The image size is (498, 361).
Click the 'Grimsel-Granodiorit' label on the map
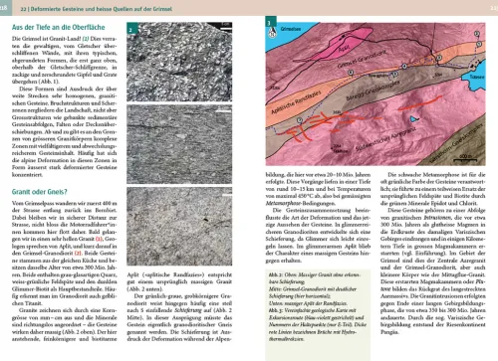(x=358, y=65)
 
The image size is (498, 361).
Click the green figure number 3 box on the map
(x=270, y=22)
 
